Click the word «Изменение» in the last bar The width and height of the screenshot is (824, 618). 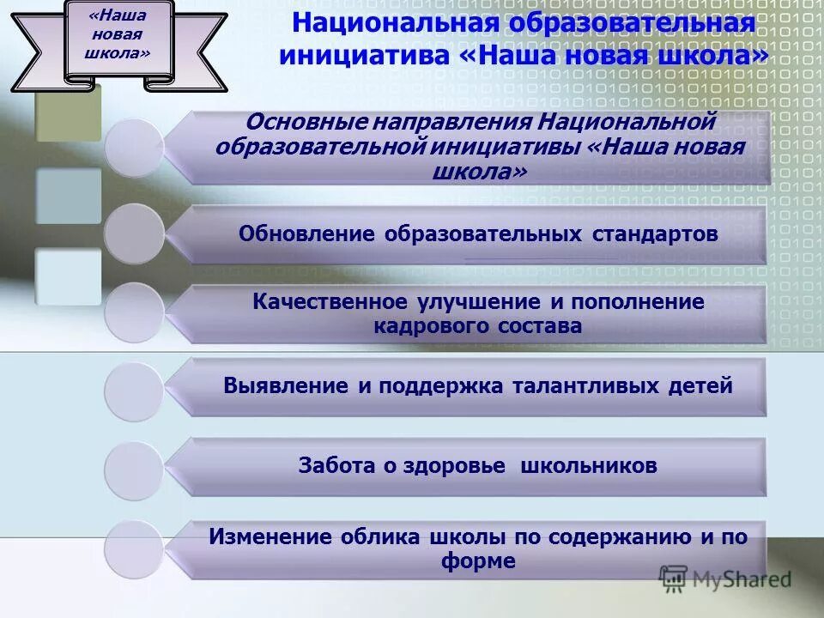pyautogui.click(x=270, y=537)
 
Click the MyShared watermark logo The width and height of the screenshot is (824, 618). pyautogui.click(x=725, y=579)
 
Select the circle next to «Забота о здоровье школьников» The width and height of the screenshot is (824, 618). pyautogui.click(x=134, y=470)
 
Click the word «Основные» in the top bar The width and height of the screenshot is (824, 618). pyautogui.click(x=293, y=123)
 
